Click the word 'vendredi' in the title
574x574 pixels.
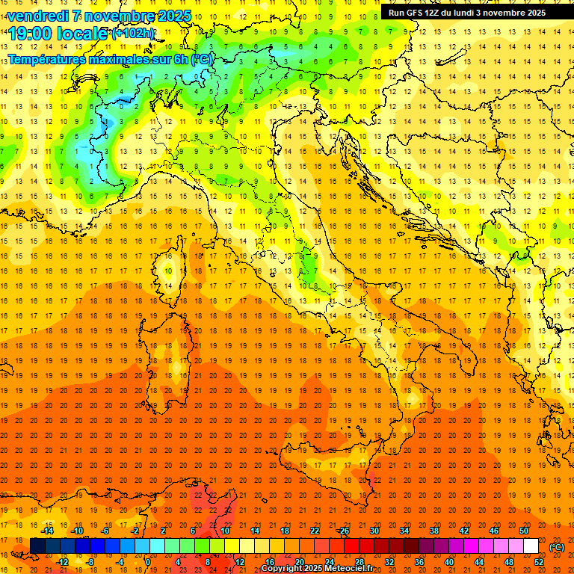pyautogui.click(x=37, y=15)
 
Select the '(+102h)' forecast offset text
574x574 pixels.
pyautogui.click(x=133, y=34)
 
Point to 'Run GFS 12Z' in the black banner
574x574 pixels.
pyautogui.click(x=414, y=13)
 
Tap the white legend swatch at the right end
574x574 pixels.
pyautogui.click(x=531, y=546)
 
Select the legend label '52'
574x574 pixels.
pyautogui.click(x=539, y=562)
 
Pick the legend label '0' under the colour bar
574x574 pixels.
pyautogui.click(x=148, y=562)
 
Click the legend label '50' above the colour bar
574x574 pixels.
pyautogui.click(x=524, y=531)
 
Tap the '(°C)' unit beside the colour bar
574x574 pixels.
pyautogui.click(x=557, y=546)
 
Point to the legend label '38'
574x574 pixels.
pyautogui.click(x=433, y=531)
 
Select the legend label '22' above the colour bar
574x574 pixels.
pyautogui.click(x=314, y=531)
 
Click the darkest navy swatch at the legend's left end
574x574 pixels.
pyautogui.click(x=37, y=546)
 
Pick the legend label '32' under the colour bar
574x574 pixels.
pyautogui.click(x=389, y=562)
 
